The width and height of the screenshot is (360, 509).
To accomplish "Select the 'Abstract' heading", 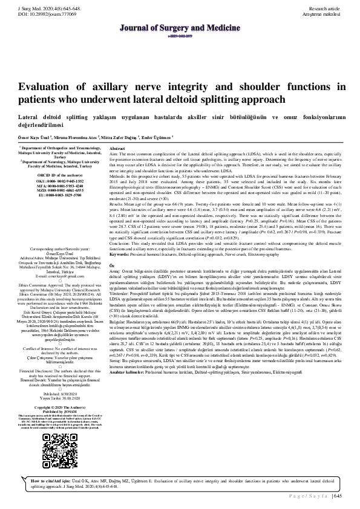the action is [x=117, y=148].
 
